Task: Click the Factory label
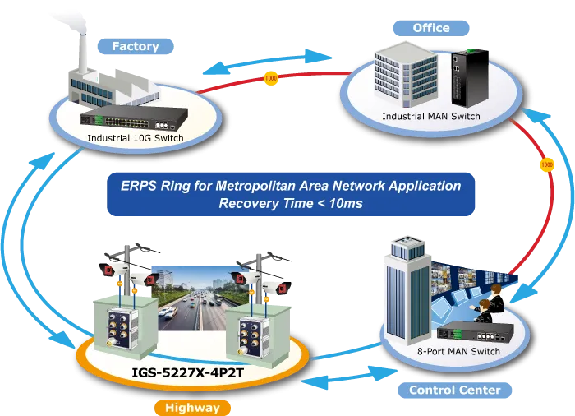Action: point(136,46)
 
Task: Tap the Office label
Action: point(431,28)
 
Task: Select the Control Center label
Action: point(455,390)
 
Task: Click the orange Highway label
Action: point(192,408)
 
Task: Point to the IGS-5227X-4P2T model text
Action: point(187,373)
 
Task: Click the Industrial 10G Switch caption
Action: point(136,138)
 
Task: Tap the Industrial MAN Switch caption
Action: point(431,117)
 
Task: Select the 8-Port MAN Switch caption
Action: point(458,351)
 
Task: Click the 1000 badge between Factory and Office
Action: point(270,78)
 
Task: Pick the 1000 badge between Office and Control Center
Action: point(547,164)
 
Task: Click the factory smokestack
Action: point(83,54)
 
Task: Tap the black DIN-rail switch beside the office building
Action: point(469,77)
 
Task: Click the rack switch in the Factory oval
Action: point(134,118)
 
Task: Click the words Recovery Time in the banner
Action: point(266,203)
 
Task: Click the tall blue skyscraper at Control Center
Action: point(408,289)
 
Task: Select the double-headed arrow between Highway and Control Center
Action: point(349,377)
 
